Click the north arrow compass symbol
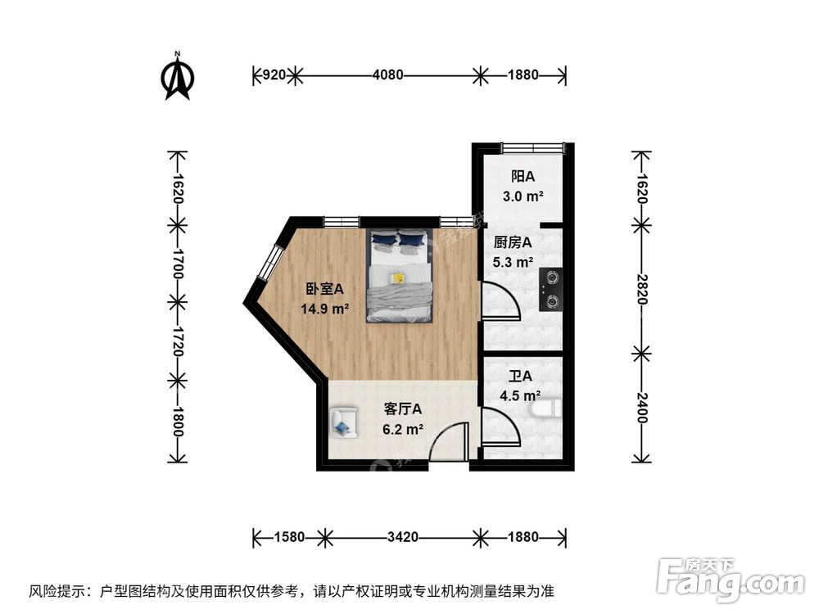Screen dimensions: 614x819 (x=178, y=76)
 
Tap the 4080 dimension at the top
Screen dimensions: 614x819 (x=387, y=75)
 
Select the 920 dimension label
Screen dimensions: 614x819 (x=273, y=75)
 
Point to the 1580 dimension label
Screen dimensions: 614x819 (x=289, y=538)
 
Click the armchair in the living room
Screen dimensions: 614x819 (x=343, y=422)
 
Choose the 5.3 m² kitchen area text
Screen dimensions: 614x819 (x=514, y=263)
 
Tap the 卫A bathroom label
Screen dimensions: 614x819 (x=521, y=377)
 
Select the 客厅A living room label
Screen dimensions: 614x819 (x=403, y=409)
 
